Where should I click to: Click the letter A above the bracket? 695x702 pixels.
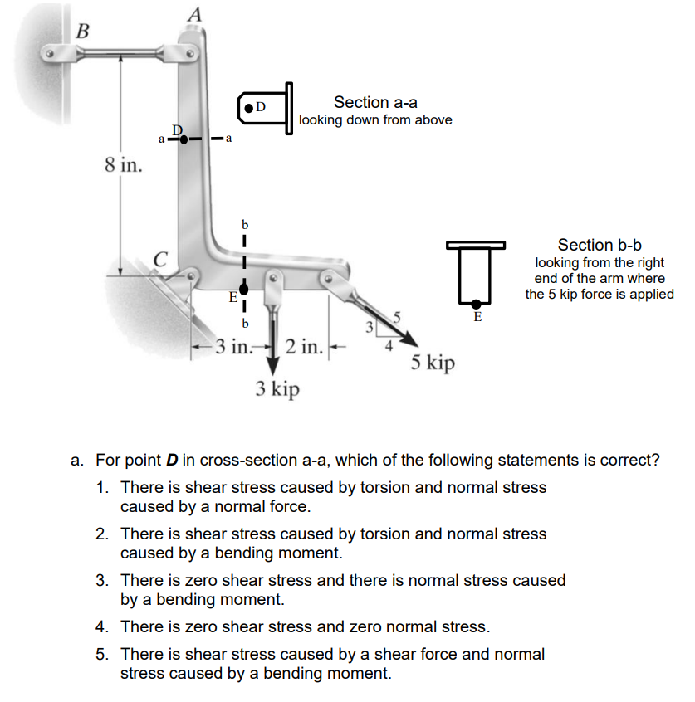194,12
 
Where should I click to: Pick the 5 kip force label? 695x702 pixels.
433,363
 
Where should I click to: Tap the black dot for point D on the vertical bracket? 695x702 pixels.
184,139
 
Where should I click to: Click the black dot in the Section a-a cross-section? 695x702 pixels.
249,107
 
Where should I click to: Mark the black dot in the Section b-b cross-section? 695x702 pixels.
477,304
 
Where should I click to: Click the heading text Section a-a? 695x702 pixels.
375,102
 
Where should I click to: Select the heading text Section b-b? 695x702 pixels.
600,245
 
